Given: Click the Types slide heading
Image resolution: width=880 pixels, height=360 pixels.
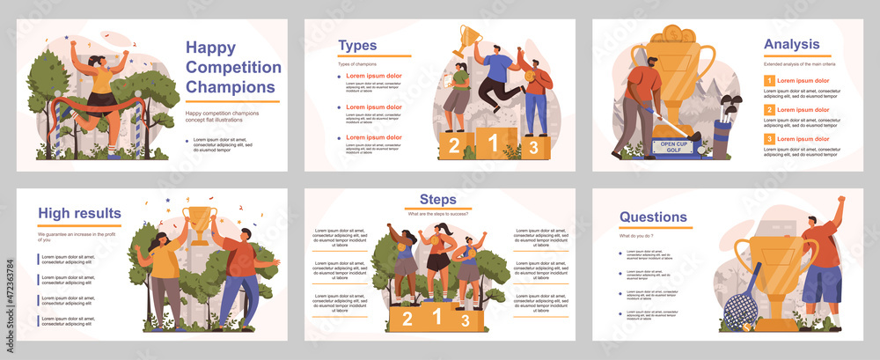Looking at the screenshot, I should point(357,46).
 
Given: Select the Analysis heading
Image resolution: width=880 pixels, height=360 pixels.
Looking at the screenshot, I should point(791,44).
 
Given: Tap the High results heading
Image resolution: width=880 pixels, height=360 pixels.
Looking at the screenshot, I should point(79,213).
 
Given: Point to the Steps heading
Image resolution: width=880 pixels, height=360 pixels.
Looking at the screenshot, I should point(438,200).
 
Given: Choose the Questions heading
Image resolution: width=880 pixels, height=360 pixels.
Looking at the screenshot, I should point(653,217).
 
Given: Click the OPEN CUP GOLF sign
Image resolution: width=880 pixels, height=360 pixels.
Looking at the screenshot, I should point(675,147).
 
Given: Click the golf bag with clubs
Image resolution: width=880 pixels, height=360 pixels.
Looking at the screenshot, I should point(727,127).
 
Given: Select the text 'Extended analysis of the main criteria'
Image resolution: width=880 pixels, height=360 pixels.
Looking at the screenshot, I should point(800,64).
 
